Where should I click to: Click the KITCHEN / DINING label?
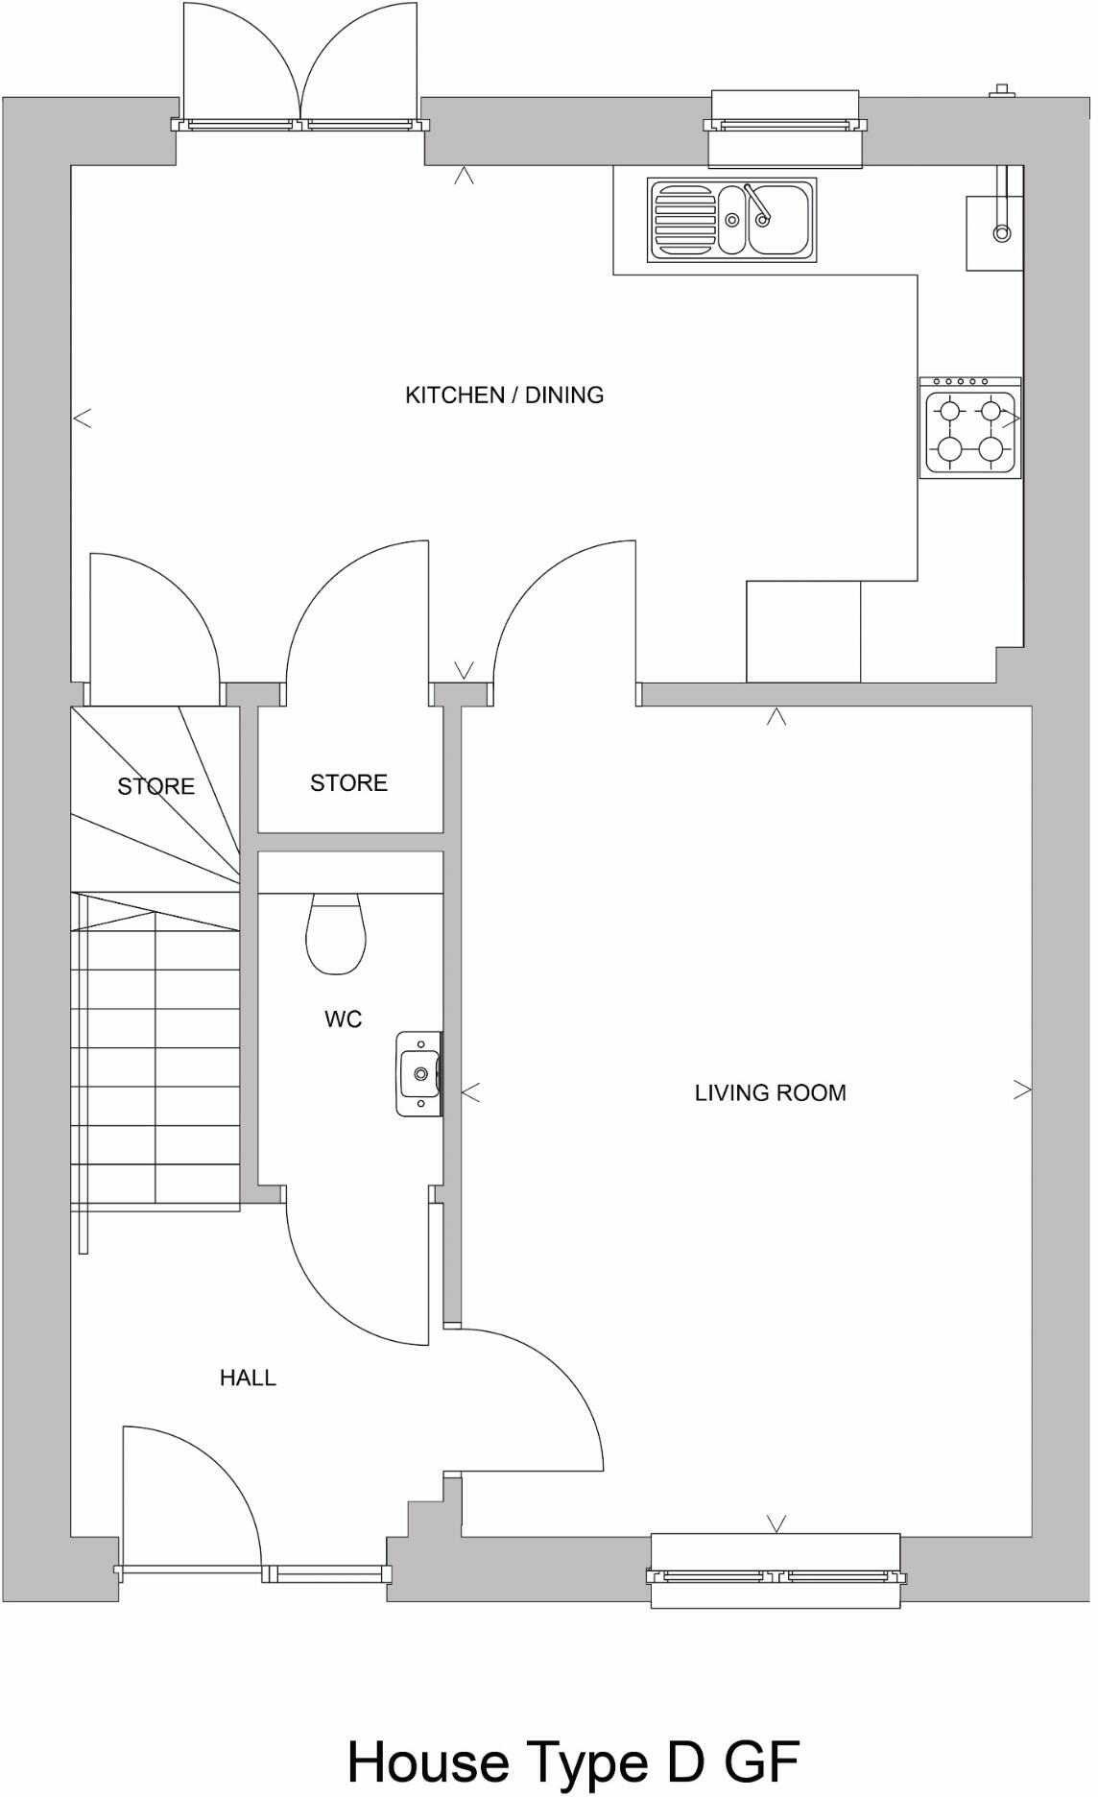coord(504,395)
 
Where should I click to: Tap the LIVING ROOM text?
coord(770,1092)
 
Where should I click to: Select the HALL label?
coord(248,1378)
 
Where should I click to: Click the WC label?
coord(343,1018)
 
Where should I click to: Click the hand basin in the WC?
coord(419,1073)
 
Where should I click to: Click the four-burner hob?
coord(970,428)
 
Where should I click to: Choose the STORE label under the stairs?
coord(155,786)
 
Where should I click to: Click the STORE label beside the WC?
coord(348,782)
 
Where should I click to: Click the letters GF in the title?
coord(761,1762)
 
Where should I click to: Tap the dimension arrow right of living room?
coord(1023,1090)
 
